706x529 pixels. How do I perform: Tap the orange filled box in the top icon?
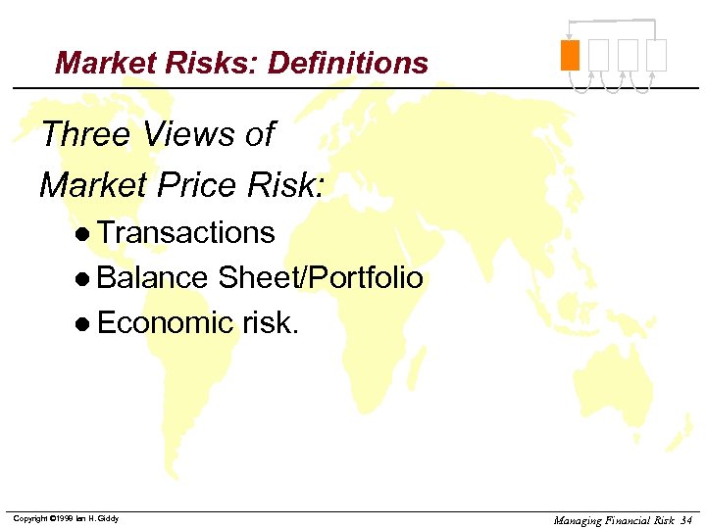click(570, 55)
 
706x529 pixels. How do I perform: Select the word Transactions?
click(186, 232)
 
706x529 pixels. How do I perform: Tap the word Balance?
click(152, 278)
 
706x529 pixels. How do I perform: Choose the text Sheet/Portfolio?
click(320, 278)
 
